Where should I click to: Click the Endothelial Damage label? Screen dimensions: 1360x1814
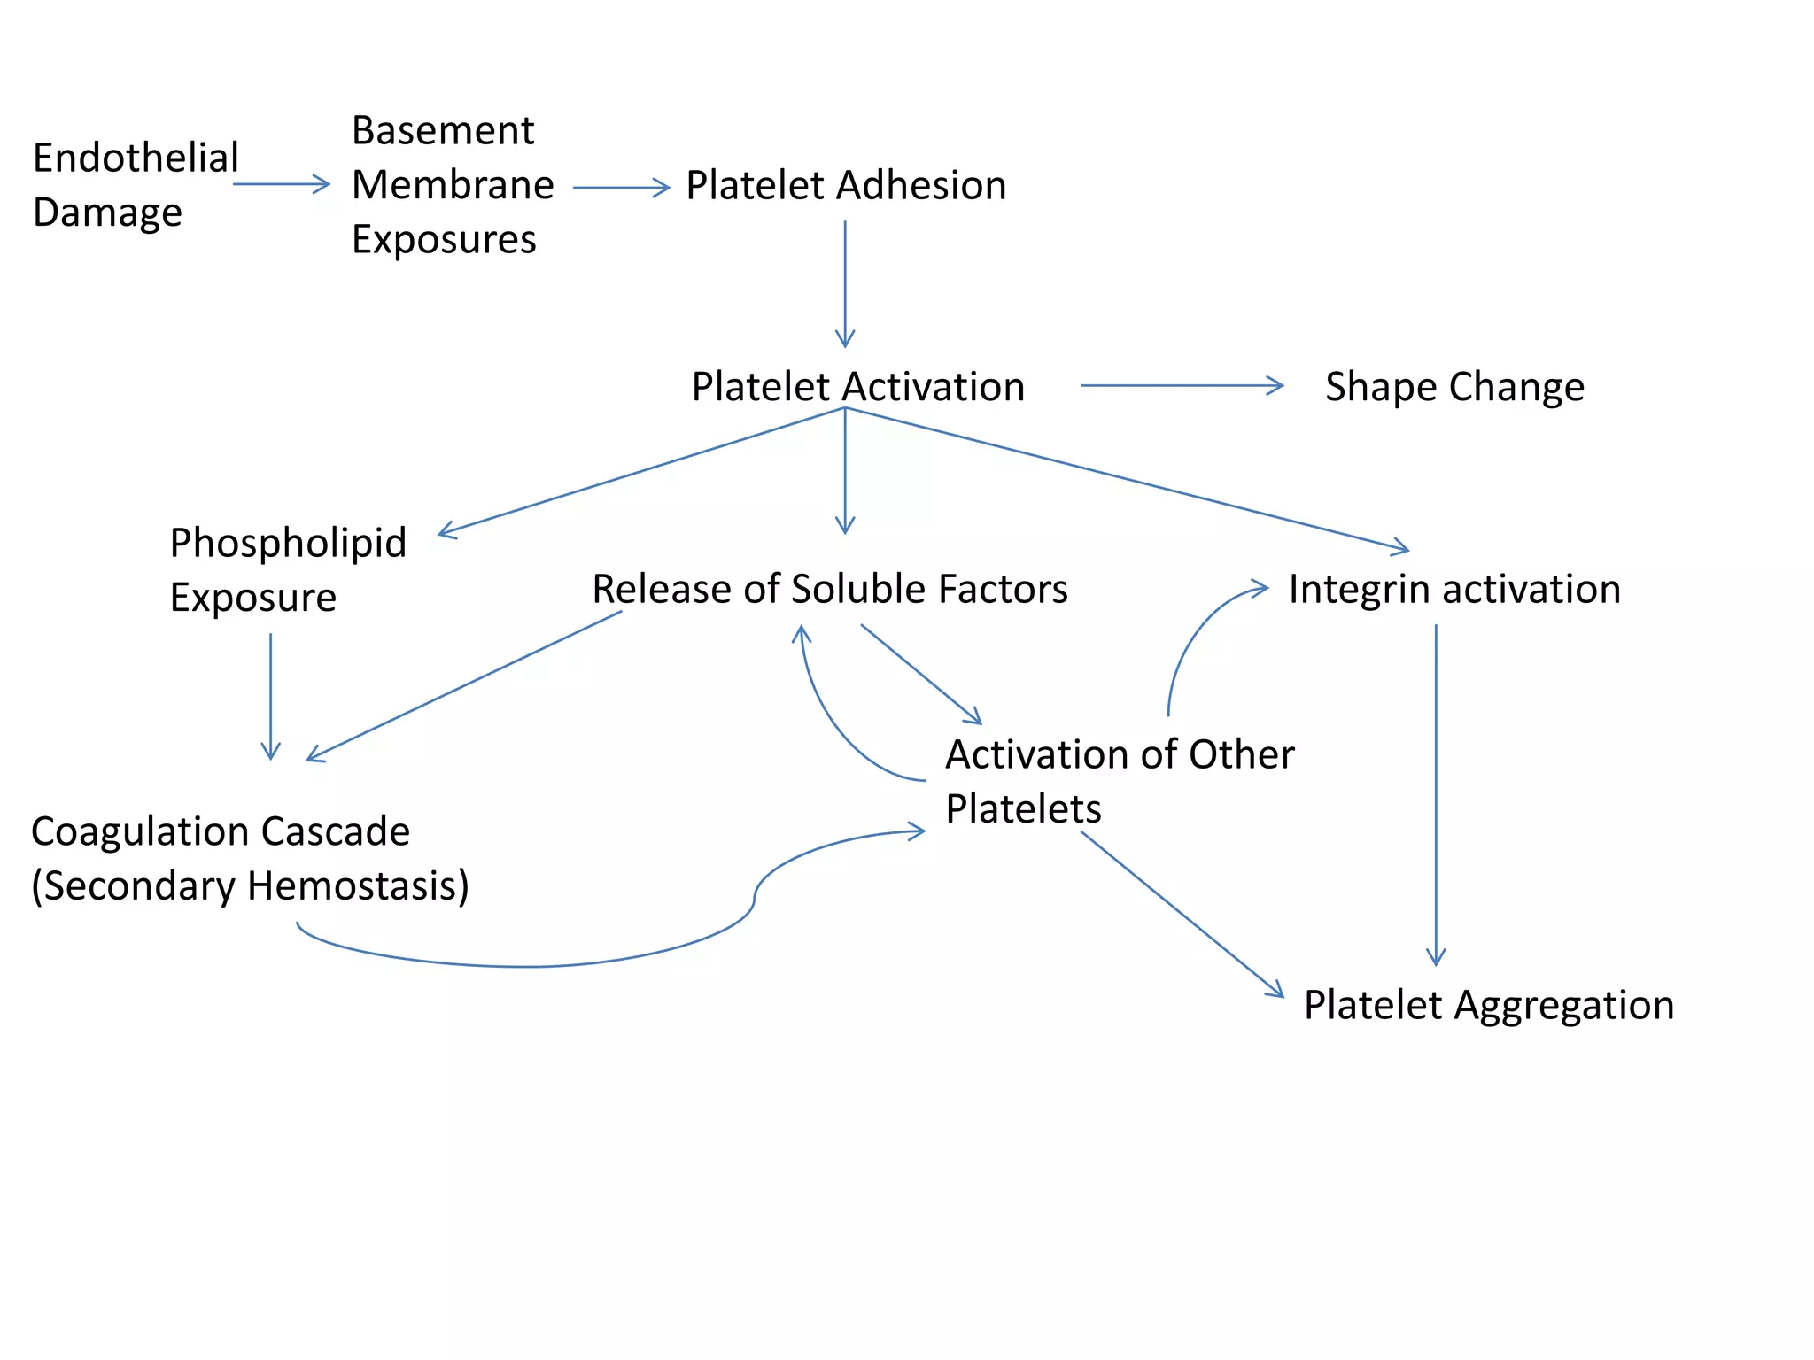135,184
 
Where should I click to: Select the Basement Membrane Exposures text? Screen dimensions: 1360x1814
452,185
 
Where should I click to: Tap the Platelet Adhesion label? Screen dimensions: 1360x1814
846,186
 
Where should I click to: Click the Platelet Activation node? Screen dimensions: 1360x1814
857,387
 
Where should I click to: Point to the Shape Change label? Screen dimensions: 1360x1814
1454,387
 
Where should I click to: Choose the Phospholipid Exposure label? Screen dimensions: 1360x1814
287,569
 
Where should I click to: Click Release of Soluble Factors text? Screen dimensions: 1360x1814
830,589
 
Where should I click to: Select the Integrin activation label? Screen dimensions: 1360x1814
1454,589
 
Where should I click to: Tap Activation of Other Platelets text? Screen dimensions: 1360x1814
1119,781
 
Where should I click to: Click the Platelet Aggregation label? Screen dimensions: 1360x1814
1488,1005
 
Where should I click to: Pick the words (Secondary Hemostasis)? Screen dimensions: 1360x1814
250,885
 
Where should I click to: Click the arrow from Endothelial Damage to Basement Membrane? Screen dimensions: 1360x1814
281,184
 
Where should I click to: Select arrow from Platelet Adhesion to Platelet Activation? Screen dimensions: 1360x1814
845,283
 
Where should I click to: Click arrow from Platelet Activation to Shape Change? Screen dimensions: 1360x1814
1181,386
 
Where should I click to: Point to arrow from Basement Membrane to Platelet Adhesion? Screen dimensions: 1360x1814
621,188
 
